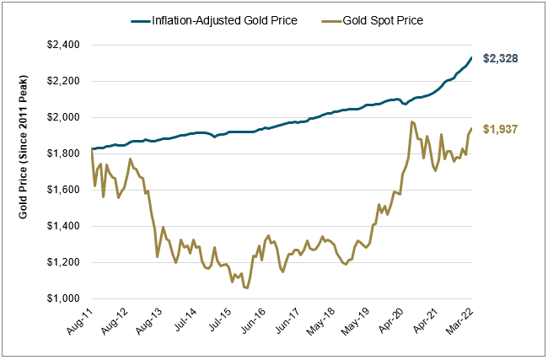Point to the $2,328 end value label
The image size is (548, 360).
(x=499, y=59)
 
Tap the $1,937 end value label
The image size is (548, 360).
(x=499, y=129)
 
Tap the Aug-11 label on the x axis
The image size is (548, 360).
(x=81, y=321)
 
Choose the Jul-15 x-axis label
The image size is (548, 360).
(x=223, y=321)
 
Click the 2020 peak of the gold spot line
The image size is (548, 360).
(x=411, y=121)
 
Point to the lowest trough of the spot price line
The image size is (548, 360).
(x=246, y=288)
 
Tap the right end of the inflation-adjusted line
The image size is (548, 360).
(x=470, y=58)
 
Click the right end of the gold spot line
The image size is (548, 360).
(x=470, y=129)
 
